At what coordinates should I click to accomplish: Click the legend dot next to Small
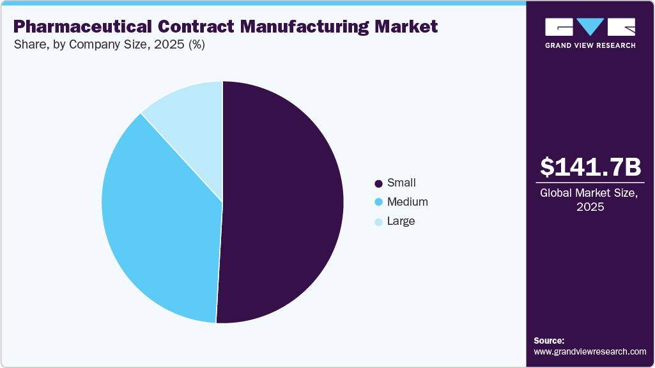pyautogui.click(x=378, y=184)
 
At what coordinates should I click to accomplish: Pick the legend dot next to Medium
pyautogui.click(x=378, y=203)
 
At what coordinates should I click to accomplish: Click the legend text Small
pyautogui.click(x=401, y=183)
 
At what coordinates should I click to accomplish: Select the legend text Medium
pyautogui.click(x=407, y=202)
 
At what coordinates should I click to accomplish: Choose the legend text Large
pyautogui.click(x=401, y=221)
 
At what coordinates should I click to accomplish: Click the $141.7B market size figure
pyautogui.click(x=590, y=167)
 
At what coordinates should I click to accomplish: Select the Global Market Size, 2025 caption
pyautogui.click(x=590, y=199)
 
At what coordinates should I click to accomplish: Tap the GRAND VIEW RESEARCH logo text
pyautogui.click(x=590, y=45)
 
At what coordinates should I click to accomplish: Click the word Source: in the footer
pyautogui.click(x=549, y=341)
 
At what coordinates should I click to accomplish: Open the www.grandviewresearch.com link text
pyautogui.click(x=590, y=351)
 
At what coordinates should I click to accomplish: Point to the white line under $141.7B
pyautogui.click(x=590, y=183)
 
